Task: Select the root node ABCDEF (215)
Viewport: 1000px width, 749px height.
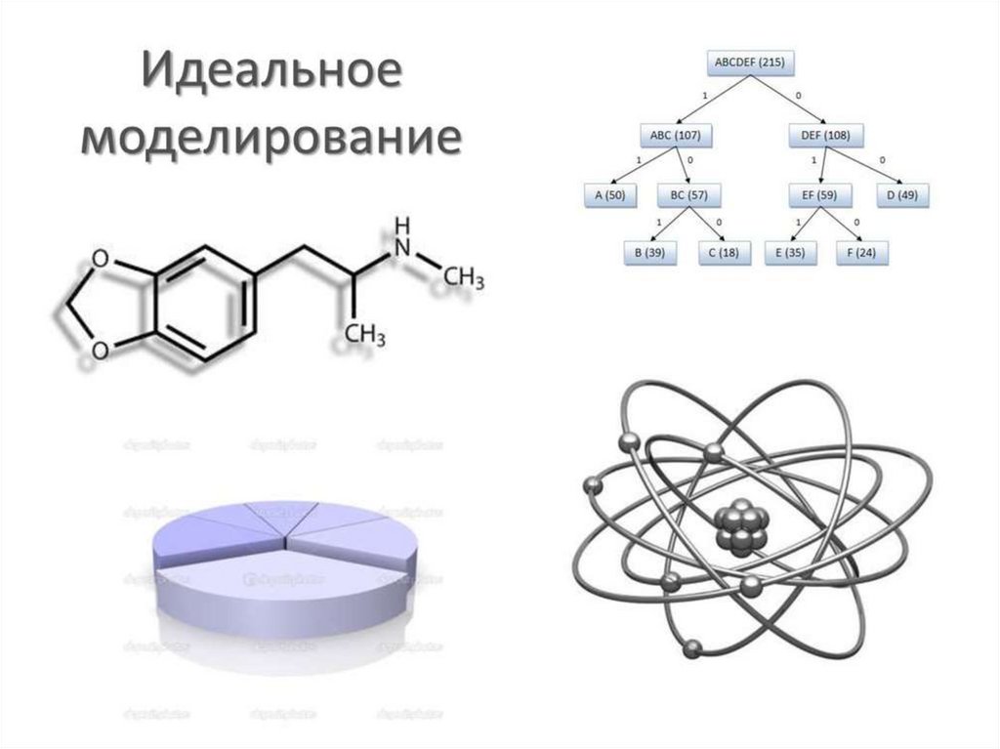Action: [x=749, y=63]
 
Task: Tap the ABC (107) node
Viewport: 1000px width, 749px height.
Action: [x=675, y=134]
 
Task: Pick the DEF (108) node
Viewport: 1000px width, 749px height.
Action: [x=819, y=134]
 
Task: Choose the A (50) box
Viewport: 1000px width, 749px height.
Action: [x=609, y=195]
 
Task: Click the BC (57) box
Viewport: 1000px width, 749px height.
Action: [x=689, y=195]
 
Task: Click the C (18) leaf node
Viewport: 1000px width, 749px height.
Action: [x=725, y=252]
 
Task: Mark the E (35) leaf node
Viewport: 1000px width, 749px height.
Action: [x=792, y=252]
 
